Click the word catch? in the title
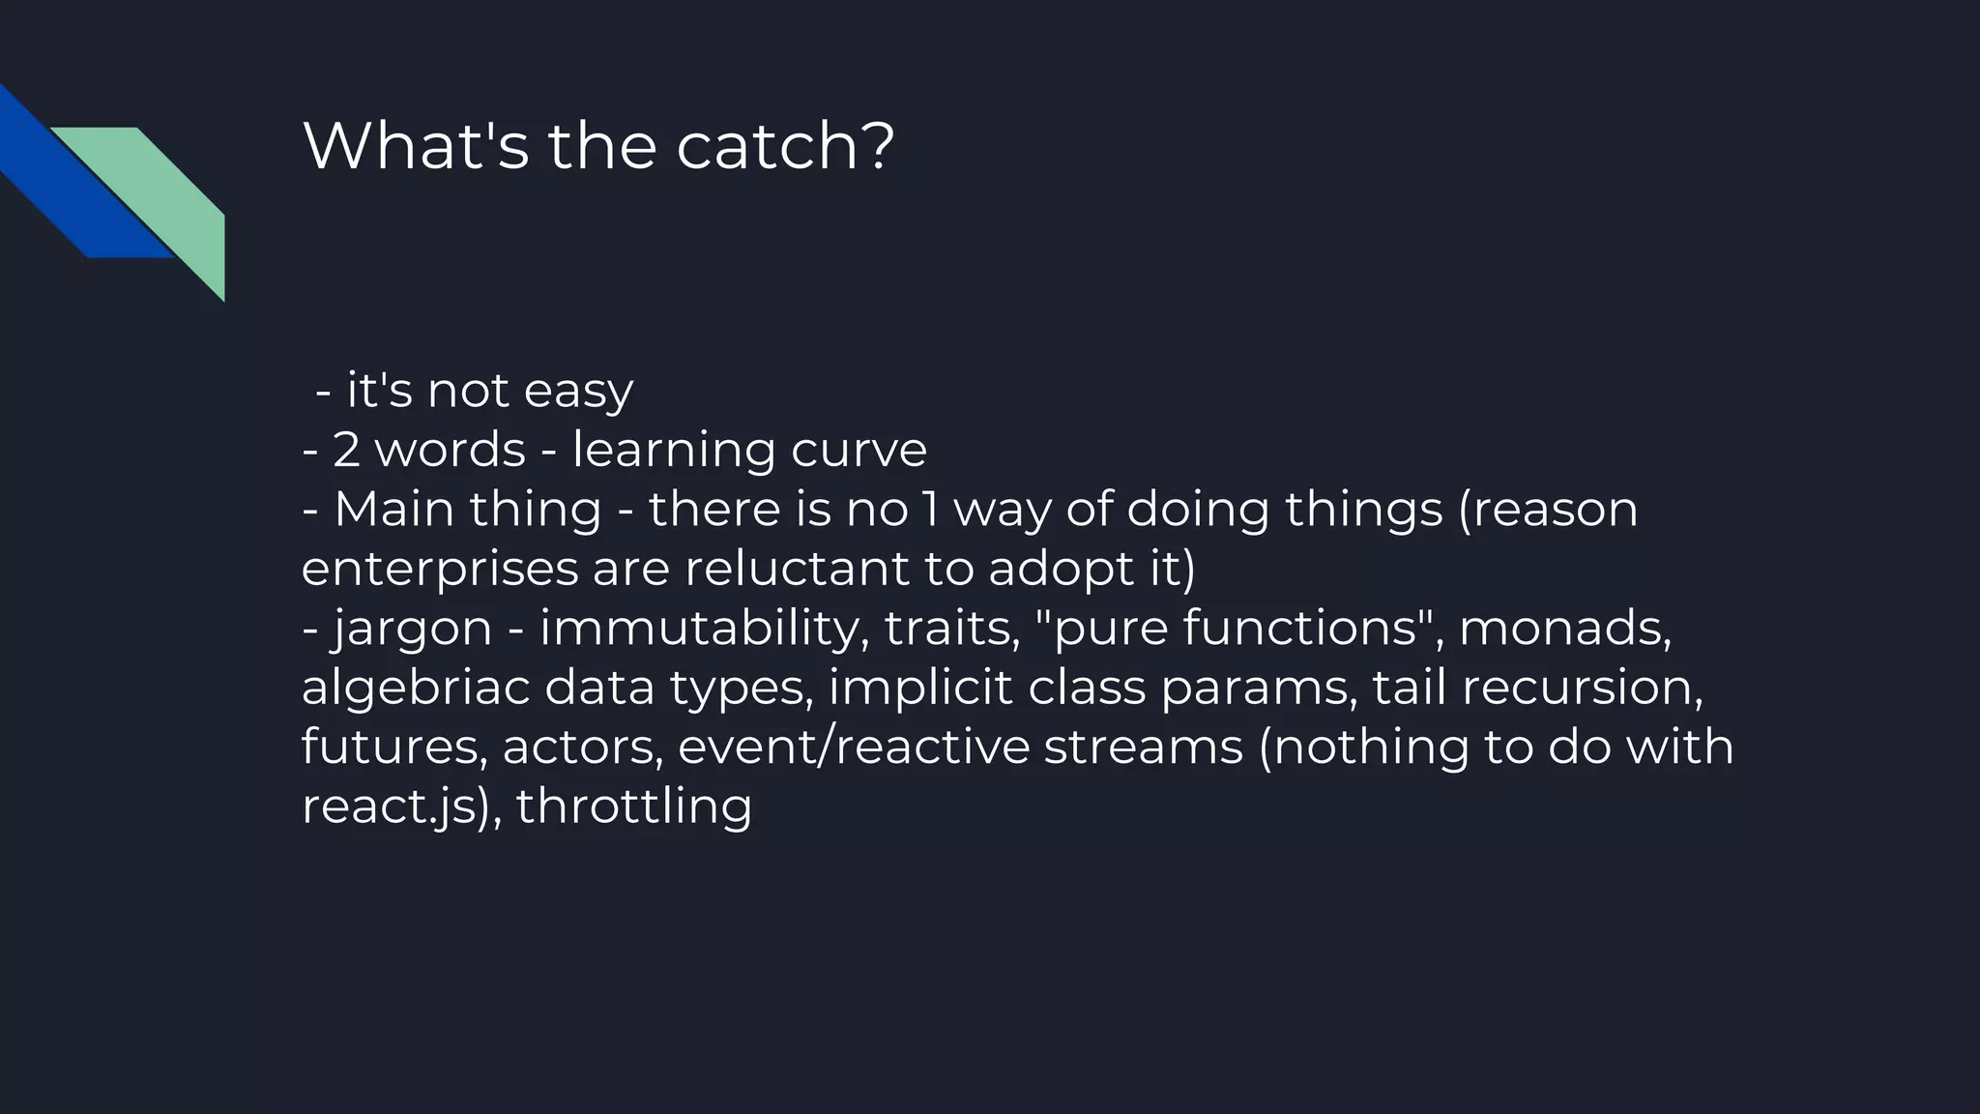coord(785,147)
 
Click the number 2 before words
coord(346,451)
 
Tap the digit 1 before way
coord(930,510)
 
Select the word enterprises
coord(437,570)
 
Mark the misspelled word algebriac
coord(416,689)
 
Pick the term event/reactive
coord(854,748)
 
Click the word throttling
coord(634,806)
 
